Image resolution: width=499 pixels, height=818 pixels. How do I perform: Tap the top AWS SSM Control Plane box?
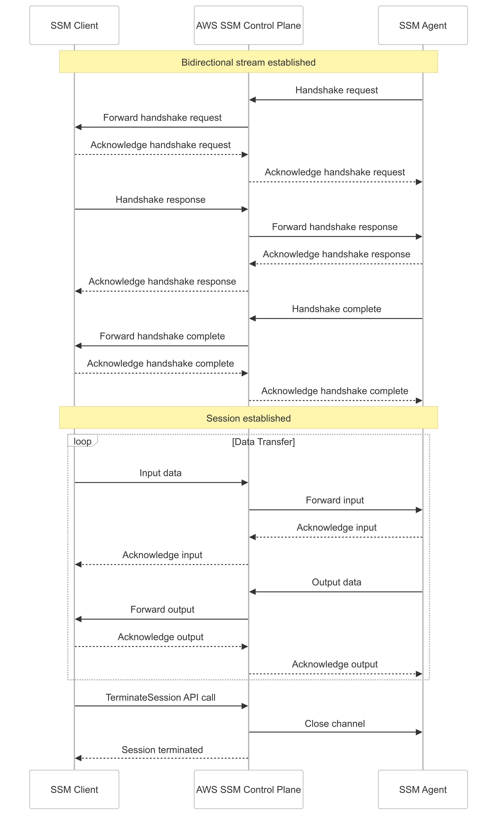click(x=248, y=25)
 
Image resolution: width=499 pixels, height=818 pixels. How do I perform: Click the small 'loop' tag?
click(x=82, y=441)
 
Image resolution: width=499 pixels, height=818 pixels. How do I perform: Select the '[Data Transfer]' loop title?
click(x=263, y=442)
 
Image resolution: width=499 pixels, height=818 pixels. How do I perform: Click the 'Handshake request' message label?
click(x=336, y=90)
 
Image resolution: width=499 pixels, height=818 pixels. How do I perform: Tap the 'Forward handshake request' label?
click(x=162, y=118)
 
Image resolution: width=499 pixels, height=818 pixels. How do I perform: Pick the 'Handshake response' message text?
click(x=160, y=200)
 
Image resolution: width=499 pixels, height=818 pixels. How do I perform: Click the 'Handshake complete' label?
click(x=336, y=309)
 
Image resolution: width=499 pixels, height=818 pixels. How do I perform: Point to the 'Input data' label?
click(x=160, y=473)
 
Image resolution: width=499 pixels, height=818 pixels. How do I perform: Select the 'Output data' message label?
click(x=336, y=582)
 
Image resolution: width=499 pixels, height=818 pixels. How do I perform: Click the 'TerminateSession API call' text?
click(x=160, y=697)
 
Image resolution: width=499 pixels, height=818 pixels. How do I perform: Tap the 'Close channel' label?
click(x=335, y=723)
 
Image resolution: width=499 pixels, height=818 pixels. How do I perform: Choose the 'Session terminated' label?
click(x=162, y=750)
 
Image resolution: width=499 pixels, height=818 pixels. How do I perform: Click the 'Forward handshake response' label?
click(x=335, y=227)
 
